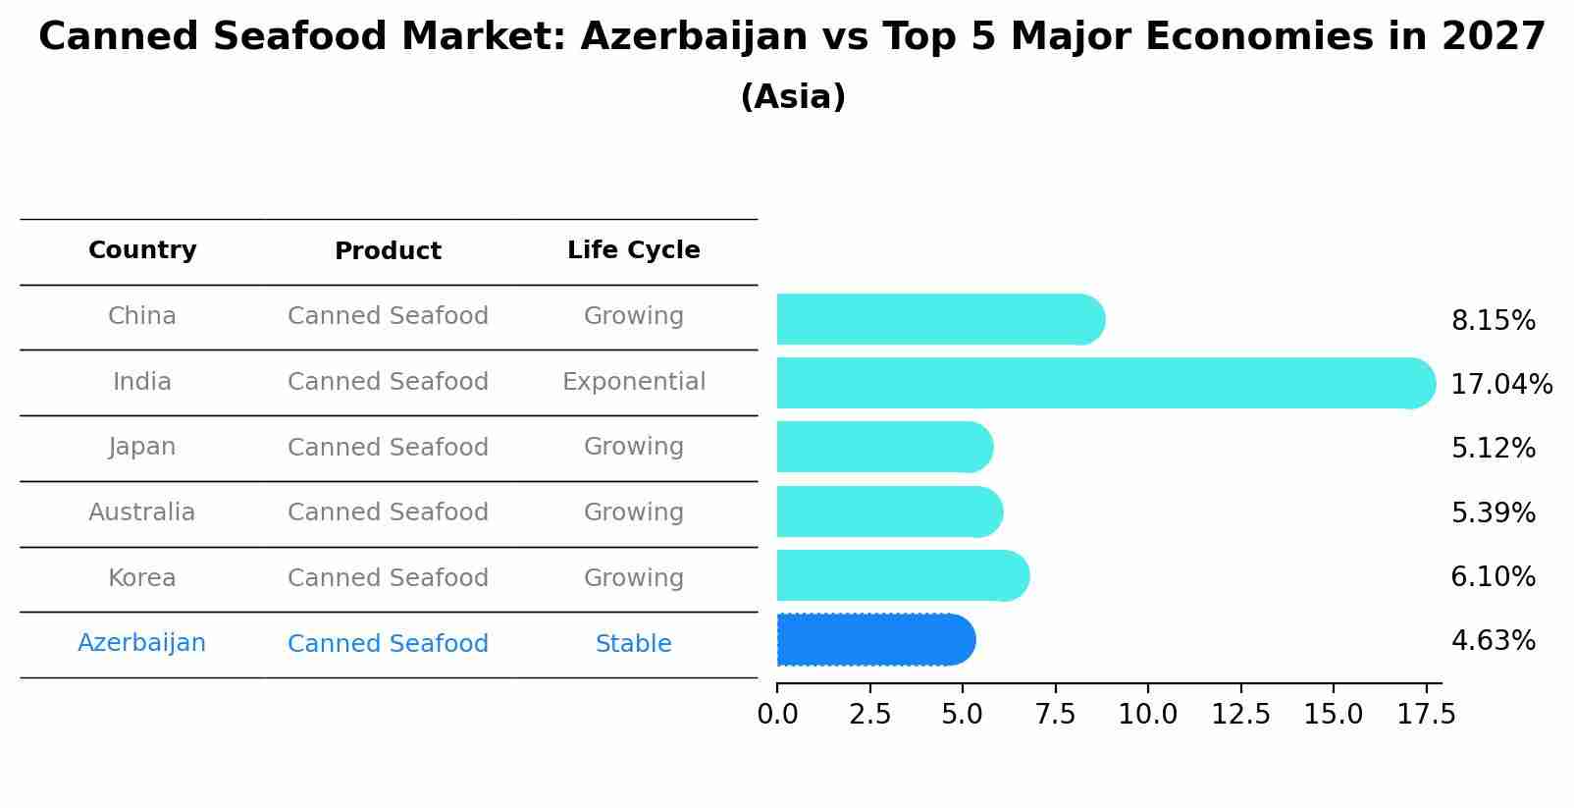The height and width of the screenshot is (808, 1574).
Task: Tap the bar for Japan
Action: tap(884, 447)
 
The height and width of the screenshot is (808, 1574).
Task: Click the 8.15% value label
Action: tap(1493, 321)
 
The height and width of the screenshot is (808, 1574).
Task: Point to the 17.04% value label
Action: tap(1500, 385)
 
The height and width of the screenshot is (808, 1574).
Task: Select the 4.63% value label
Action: tap(1493, 641)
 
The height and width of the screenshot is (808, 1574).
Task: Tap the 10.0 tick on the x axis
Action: tap(1147, 715)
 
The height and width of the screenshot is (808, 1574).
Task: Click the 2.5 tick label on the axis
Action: tap(869, 715)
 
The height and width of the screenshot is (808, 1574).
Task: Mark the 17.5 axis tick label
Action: tap(1426, 715)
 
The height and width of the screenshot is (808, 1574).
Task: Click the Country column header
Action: tap(142, 250)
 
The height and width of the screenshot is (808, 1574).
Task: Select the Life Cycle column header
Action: tap(633, 250)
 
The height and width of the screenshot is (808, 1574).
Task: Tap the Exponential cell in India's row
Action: tap(633, 382)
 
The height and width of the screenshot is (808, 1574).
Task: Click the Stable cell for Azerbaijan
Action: tap(633, 644)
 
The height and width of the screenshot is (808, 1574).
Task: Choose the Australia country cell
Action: tap(142, 512)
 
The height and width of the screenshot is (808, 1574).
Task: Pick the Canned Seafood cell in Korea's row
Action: tap(388, 578)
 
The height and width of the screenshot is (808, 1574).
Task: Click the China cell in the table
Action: tap(142, 316)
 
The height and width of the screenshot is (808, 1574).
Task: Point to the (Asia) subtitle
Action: tap(792, 97)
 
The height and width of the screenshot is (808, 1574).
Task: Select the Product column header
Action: tap(388, 251)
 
